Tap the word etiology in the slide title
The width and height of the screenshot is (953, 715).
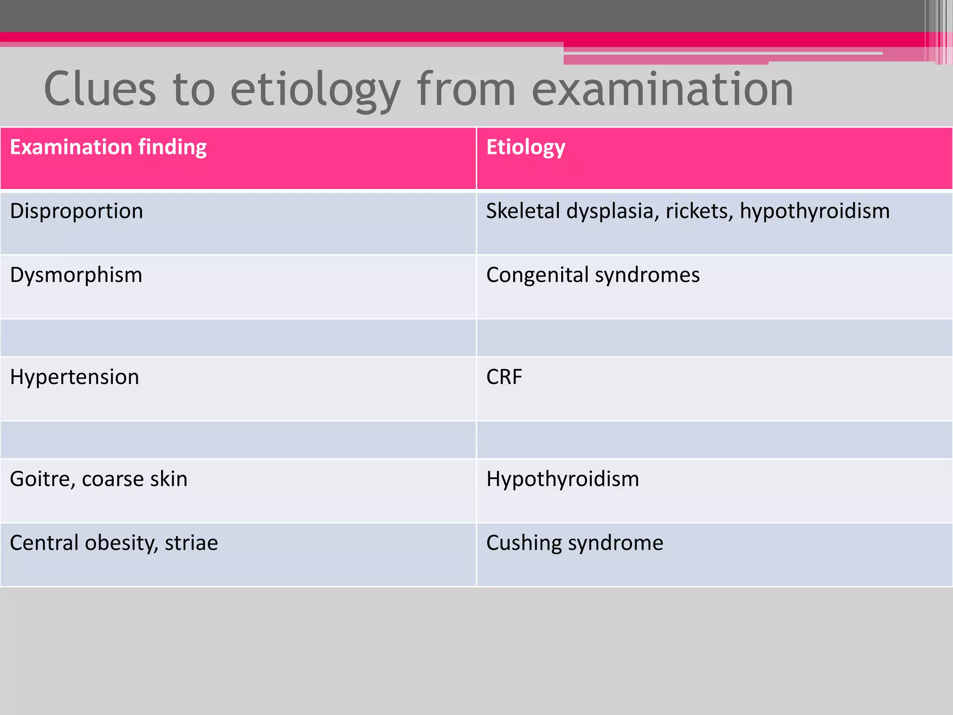click(315, 90)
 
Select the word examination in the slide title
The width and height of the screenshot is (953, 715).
click(662, 89)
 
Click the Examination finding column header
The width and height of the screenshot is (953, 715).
click(108, 148)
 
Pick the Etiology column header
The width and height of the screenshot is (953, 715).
click(526, 148)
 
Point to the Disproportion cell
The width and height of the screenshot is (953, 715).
click(76, 211)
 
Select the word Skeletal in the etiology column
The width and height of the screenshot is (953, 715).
click(523, 211)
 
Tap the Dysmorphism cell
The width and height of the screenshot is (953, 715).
click(76, 275)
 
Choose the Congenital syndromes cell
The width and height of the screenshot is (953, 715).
click(593, 275)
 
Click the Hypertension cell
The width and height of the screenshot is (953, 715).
click(74, 377)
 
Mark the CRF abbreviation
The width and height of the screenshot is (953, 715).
click(504, 377)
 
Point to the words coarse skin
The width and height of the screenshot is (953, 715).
click(134, 479)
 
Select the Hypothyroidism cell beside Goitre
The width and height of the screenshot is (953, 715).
click(563, 479)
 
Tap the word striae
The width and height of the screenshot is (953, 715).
click(191, 543)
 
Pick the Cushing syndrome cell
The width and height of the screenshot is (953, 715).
click(575, 543)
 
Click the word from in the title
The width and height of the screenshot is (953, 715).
click(466, 89)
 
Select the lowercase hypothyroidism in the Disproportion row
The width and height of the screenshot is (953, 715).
click(815, 211)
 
